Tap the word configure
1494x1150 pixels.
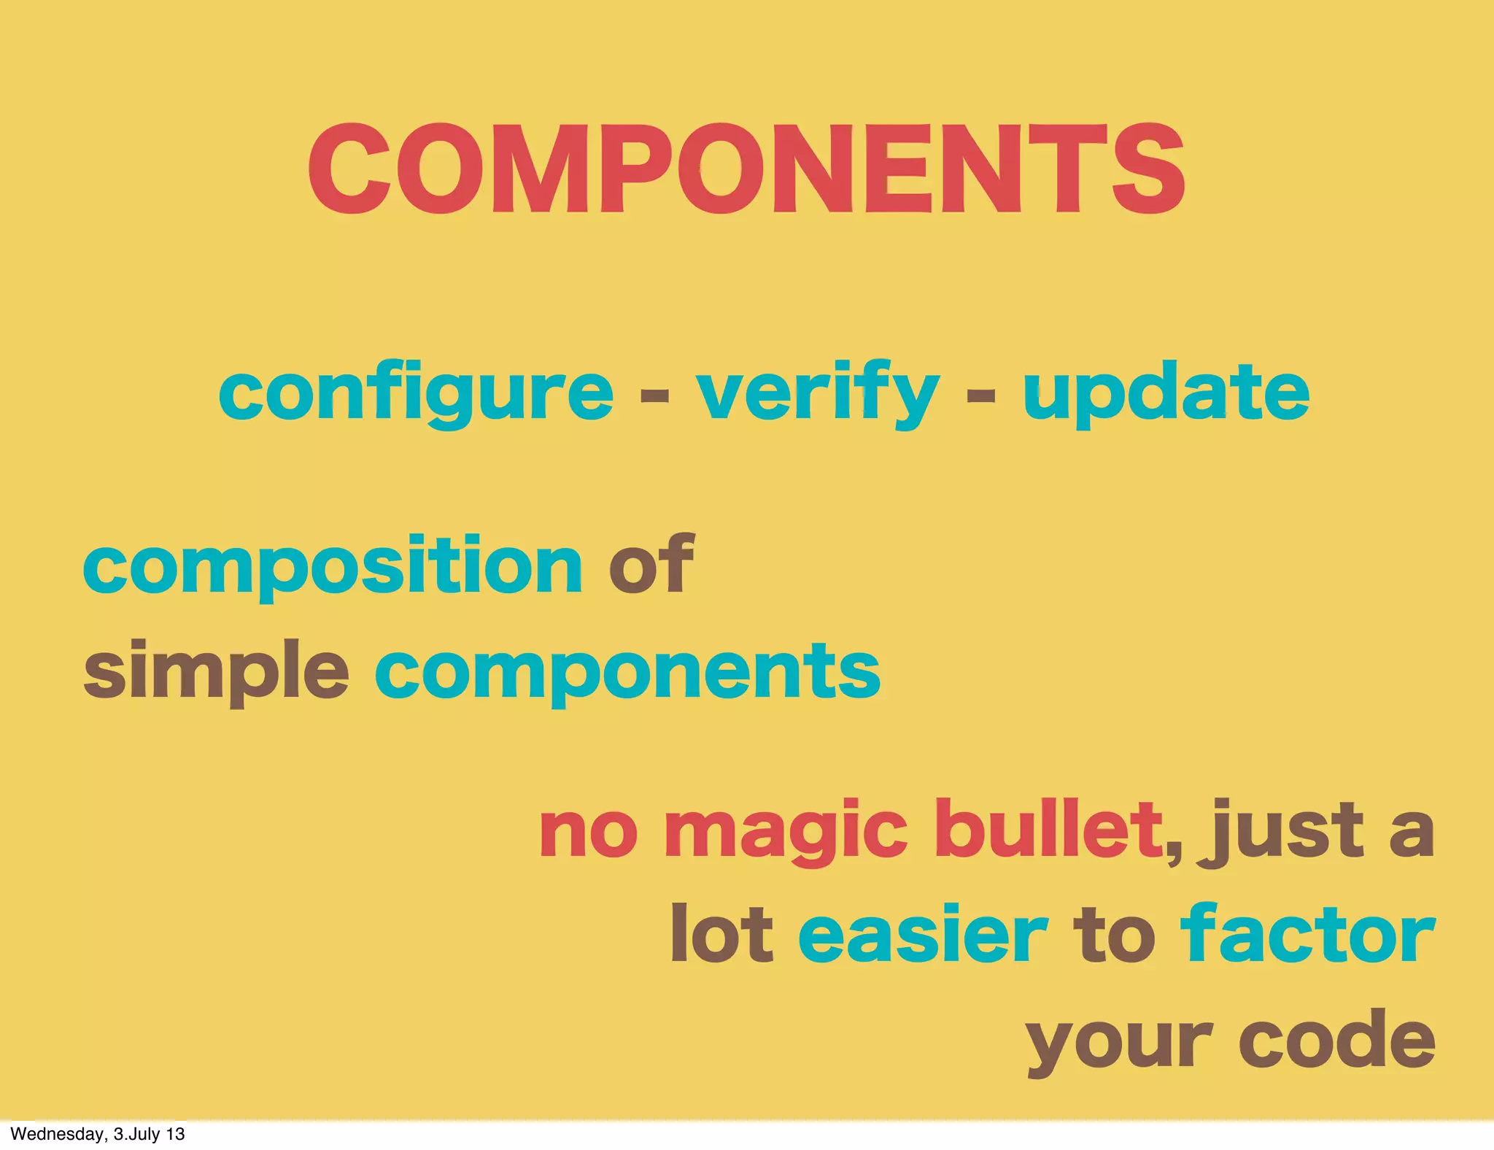tap(416, 394)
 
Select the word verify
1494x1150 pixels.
tap(817, 394)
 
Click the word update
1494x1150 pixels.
tap(1166, 394)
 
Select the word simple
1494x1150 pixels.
tap(216, 671)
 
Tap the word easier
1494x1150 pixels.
tap(923, 934)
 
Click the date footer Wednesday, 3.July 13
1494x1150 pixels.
tap(98, 1134)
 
